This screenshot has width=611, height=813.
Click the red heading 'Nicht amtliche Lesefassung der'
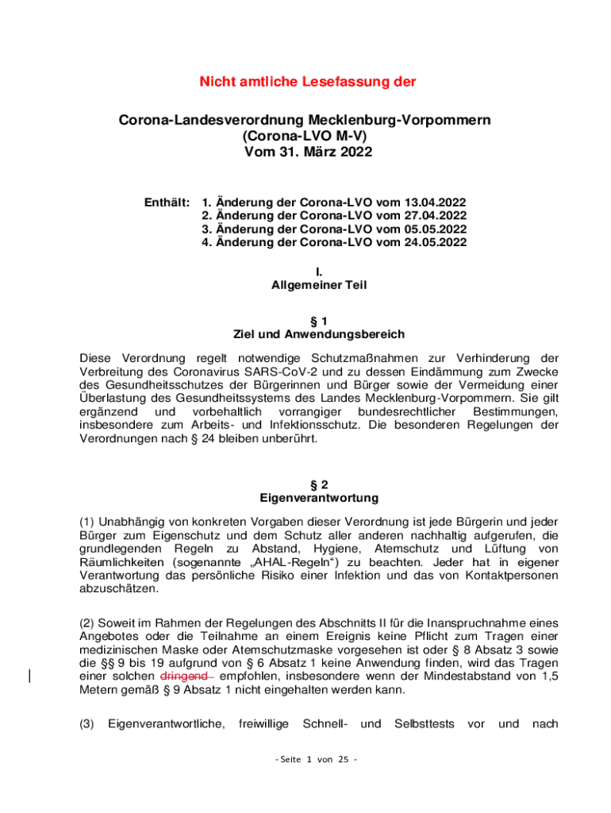click(307, 82)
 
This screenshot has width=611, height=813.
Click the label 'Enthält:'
click(167, 202)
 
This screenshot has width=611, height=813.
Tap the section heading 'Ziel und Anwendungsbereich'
click(307, 334)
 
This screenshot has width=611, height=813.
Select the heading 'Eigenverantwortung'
click(307, 499)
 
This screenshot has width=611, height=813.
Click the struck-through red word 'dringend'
click(184, 676)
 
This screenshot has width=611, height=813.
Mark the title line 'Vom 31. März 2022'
click(307, 151)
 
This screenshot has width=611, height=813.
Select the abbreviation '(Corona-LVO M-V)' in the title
click(307, 136)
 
